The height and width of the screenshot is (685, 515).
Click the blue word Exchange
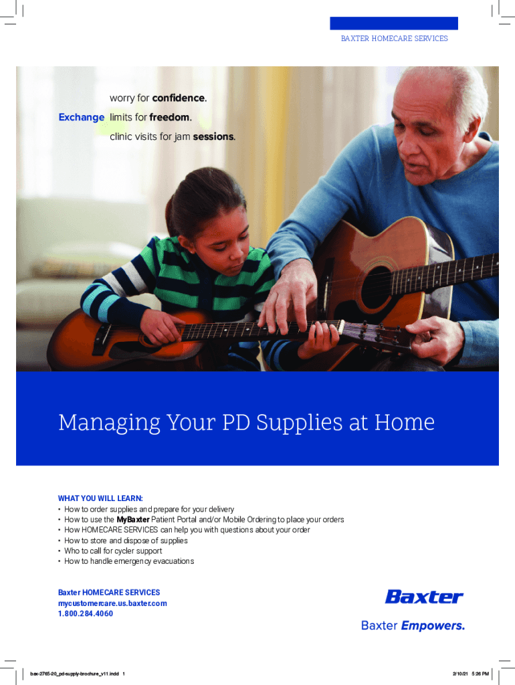[81, 118]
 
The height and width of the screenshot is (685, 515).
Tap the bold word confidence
[179, 98]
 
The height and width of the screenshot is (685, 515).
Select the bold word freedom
[169, 117]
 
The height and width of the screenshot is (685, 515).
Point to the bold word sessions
[213, 136]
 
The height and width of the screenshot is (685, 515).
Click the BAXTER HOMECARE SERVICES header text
[395, 38]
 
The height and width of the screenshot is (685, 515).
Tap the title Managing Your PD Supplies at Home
[246, 422]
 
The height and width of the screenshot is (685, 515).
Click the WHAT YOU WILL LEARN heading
[100, 498]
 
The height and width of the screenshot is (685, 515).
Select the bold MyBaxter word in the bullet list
[133, 519]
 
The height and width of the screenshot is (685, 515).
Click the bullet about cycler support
[110, 551]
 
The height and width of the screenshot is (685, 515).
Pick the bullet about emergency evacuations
[126, 561]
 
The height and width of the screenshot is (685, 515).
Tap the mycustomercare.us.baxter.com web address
[112, 603]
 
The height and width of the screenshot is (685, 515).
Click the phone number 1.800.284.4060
[86, 614]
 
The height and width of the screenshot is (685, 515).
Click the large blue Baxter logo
[424, 597]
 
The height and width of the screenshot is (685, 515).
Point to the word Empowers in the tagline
[433, 625]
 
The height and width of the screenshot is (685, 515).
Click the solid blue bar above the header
[394, 23]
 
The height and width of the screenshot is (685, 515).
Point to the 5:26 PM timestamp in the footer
[480, 674]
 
